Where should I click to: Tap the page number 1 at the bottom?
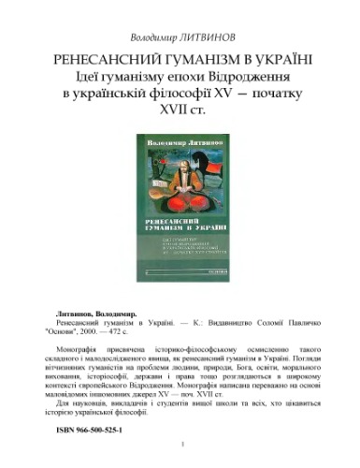point(180,458)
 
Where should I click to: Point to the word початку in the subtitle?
point(285,92)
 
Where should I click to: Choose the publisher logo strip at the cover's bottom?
point(180,271)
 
